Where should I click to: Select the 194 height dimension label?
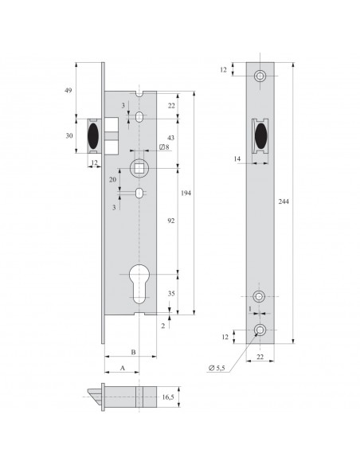[186, 193]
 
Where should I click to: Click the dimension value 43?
[170, 139]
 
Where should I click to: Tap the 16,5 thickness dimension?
[167, 395]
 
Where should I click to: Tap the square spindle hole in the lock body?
[139, 168]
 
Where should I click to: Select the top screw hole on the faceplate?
[260, 76]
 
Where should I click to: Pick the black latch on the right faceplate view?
[260, 136]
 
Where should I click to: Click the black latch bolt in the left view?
[95, 135]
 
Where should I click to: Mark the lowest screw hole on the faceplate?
[260, 330]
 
